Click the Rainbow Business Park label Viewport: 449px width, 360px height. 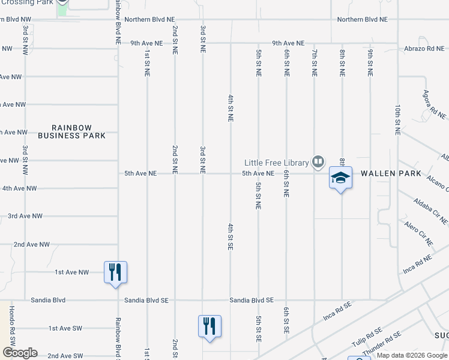click(71, 131)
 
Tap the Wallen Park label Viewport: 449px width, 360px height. click(387, 173)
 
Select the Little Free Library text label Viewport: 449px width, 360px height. click(276, 162)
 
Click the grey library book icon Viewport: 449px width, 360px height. click(318, 161)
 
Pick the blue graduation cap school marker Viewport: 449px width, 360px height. click(340, 178)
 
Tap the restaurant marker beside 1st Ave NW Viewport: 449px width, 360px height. click(115, 272)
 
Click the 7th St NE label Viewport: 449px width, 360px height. click(314, 63)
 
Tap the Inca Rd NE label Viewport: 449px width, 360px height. click(417, 265)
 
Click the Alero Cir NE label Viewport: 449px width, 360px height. click(418, 233)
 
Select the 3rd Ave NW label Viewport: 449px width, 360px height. click(25, 216)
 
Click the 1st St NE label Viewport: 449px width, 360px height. click(146, 63)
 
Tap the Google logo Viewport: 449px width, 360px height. click(20, 353)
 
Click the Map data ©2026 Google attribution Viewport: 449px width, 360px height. click(412, 356)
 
